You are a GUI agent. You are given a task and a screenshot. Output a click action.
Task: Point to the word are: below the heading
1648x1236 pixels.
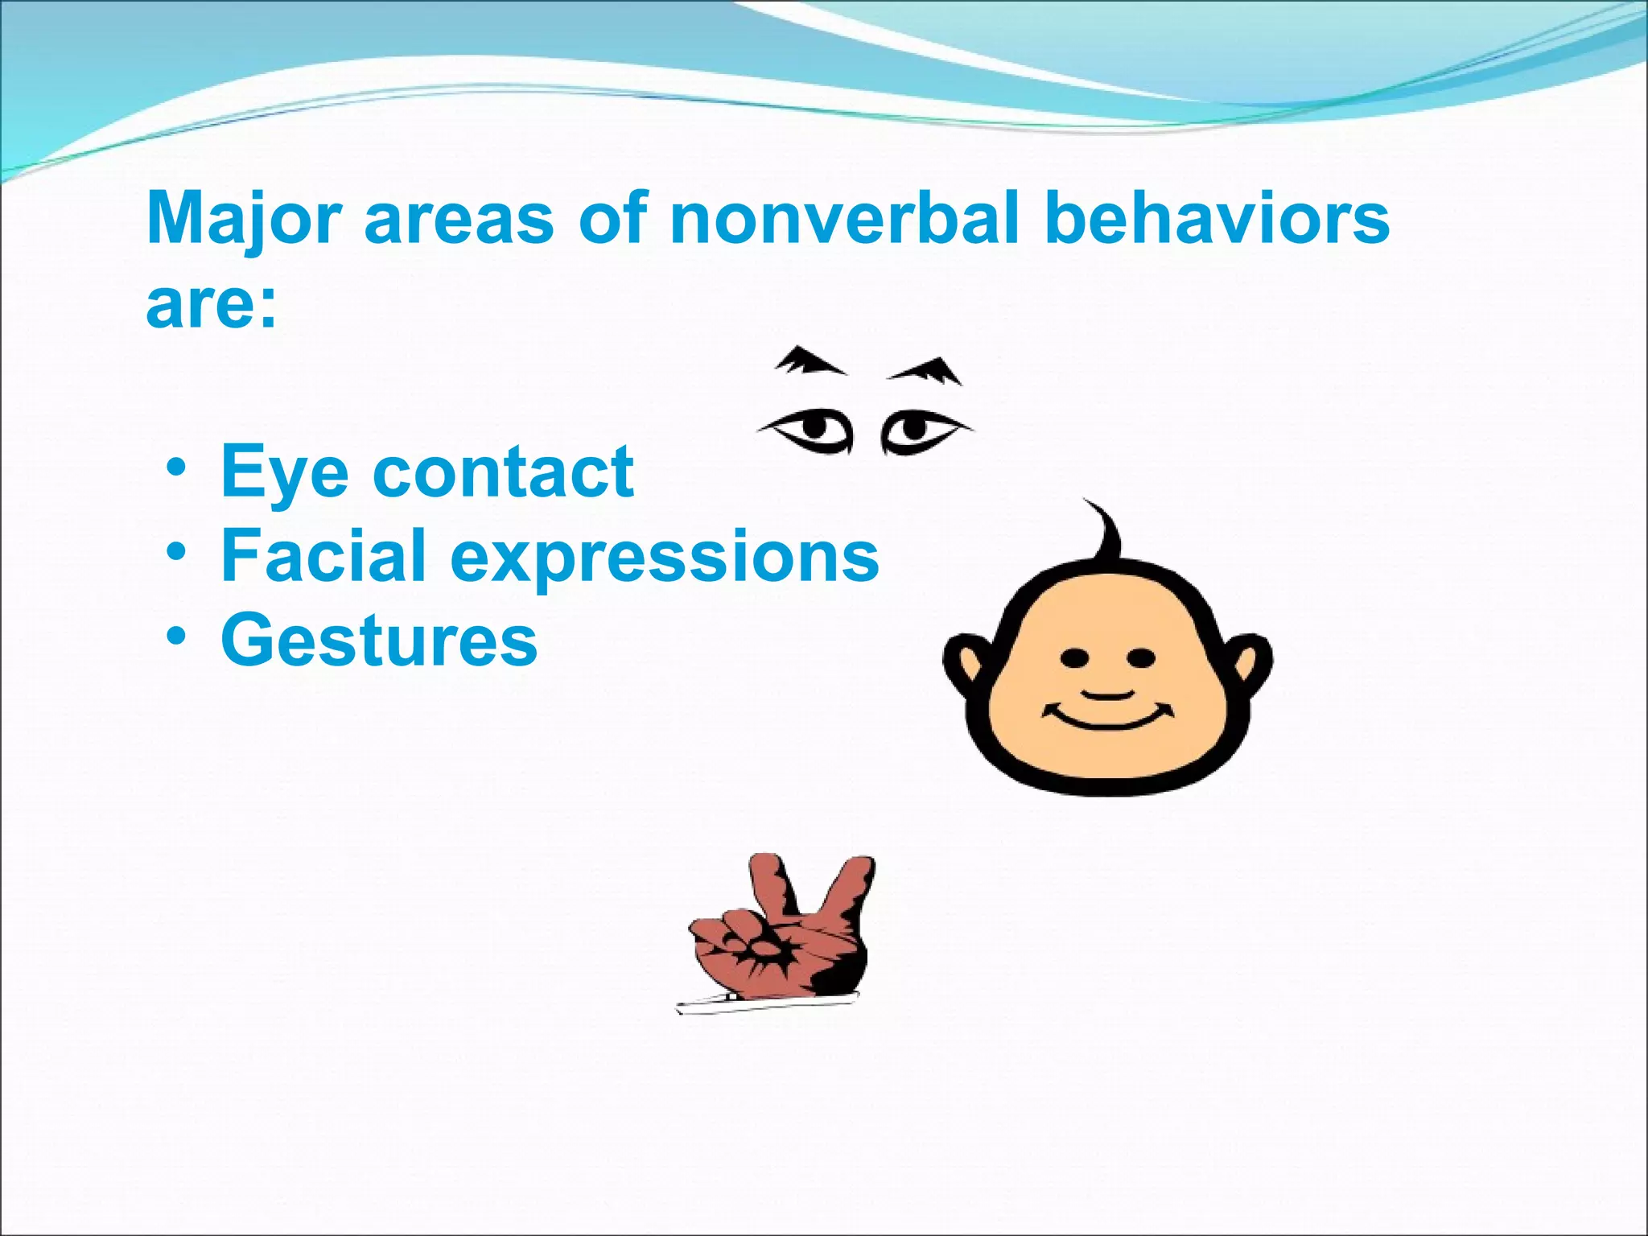(212, 306)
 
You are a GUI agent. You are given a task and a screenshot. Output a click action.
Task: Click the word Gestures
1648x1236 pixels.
(379, 641)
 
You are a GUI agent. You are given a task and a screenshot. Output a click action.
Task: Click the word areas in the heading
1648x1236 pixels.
(459, 219)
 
